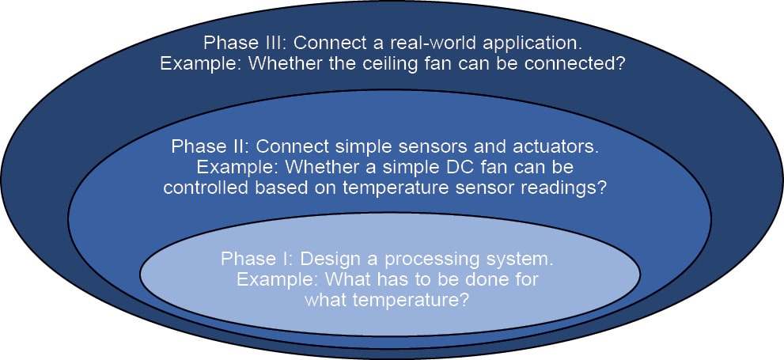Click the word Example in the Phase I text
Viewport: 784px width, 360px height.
[x=271, y=279]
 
